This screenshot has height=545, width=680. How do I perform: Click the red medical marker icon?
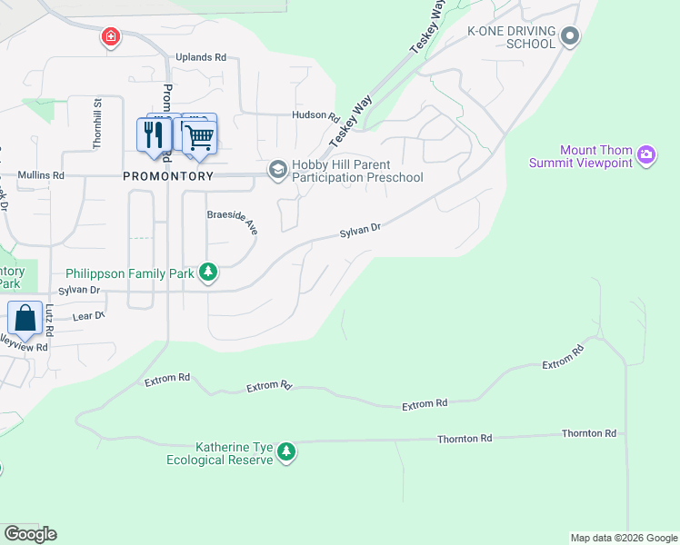(110, 37)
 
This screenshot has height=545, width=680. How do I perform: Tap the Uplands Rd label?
(200, 57)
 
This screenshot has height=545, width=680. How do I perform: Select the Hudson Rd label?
(315, 115)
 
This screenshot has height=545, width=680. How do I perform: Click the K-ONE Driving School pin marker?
(570, 36)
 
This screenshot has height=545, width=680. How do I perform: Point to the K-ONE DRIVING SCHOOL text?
(510, 37)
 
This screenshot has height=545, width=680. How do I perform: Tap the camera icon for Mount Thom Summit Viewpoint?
(646, 155)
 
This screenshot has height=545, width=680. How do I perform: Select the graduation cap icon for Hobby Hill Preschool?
(276, 170)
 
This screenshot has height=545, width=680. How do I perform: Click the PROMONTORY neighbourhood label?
(168, 176)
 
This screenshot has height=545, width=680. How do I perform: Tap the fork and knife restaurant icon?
(152, 134)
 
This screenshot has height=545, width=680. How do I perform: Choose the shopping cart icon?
(199, 136)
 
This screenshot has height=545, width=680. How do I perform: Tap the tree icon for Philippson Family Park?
(208, 272)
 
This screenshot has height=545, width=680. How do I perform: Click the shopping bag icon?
(25, 318)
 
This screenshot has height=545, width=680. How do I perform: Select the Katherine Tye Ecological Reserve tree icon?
(286, 451)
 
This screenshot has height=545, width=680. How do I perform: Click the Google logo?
(30, 534)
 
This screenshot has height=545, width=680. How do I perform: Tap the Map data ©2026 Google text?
(623, 538)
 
